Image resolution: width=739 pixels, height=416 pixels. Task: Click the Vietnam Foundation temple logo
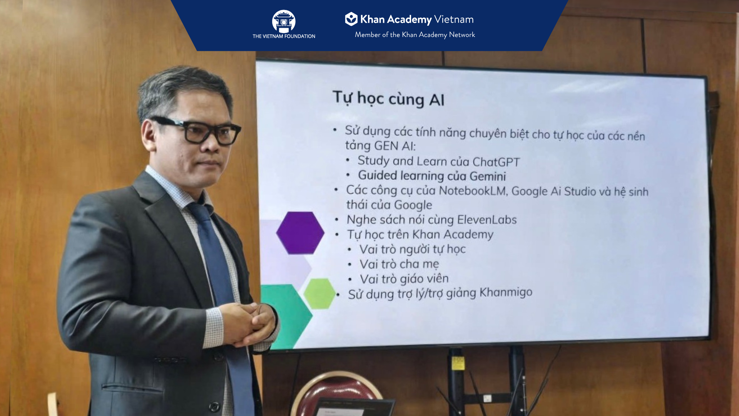[284, 21]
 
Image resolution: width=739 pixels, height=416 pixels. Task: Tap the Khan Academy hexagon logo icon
[351, 19]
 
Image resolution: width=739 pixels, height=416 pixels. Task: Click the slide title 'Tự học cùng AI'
[388, 99]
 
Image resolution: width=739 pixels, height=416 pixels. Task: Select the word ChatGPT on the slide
[496, 162]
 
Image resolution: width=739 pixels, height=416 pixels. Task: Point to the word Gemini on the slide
[488, 176]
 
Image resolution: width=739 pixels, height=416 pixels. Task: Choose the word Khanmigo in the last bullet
[506, 292]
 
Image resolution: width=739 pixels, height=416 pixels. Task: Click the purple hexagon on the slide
[300, 233]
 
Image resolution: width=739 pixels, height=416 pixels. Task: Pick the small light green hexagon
[319, 294]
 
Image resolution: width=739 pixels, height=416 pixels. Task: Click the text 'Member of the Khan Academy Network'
[415, 35]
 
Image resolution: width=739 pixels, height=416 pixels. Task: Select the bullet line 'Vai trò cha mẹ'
[399, 264]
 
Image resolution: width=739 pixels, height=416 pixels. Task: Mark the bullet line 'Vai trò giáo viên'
[404, 279]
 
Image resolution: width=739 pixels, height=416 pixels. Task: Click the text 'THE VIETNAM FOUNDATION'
[284, 36]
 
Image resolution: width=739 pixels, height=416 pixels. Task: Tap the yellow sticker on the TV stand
[458, 363]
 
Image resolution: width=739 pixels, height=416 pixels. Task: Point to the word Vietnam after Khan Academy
[454, 19]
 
